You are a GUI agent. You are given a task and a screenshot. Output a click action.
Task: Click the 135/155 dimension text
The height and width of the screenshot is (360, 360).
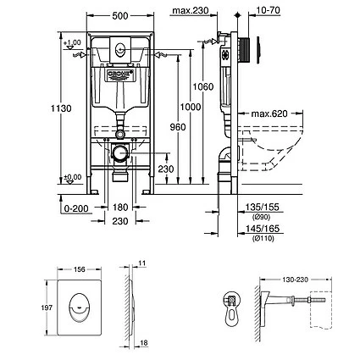tap(256, 206)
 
